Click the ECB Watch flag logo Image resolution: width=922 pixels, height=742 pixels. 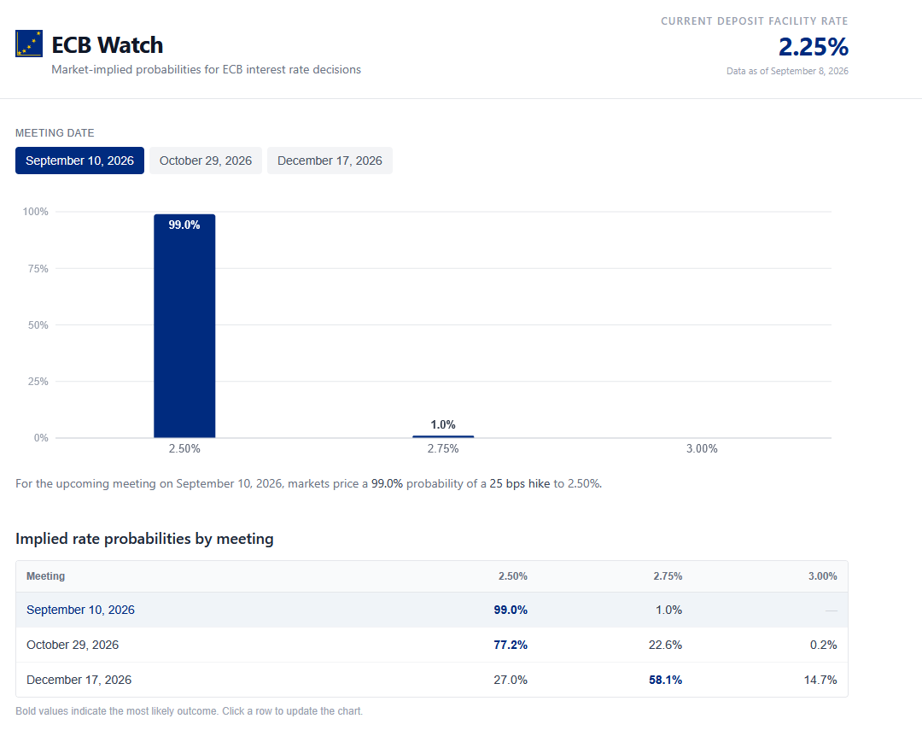click(29, 44)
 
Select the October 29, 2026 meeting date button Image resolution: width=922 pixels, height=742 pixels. click(205, 161)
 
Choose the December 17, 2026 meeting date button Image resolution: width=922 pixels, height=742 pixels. click(330, 161)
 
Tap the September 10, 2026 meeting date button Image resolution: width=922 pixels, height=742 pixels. click(79, 161)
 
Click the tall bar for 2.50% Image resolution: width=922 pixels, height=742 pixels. click(184, 325)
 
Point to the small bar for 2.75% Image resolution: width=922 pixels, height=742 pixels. click(443, 436)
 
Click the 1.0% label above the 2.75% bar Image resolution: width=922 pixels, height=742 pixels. click(443, 424)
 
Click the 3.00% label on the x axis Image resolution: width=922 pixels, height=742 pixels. click(702, 448)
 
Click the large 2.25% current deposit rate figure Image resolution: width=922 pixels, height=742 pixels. click(814, 47)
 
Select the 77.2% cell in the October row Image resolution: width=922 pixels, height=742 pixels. click(511, 645)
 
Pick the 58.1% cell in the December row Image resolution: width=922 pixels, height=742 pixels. click(666, 680)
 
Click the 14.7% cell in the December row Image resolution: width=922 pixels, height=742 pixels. click(820, 680)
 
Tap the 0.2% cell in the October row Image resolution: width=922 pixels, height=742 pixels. click(823, 645)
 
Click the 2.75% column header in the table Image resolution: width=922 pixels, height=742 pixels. click(668, 576)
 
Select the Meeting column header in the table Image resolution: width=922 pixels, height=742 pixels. click(46, 576)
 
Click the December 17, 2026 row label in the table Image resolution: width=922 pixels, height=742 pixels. click(79, 680)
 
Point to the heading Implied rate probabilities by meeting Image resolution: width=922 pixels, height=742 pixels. click(144, 539)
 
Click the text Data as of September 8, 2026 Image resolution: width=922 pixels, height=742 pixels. click(787, 71)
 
